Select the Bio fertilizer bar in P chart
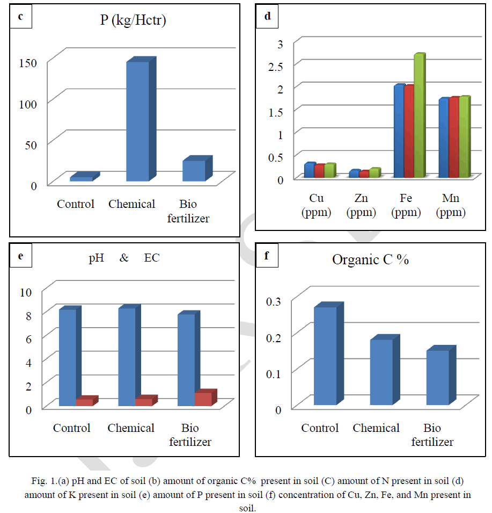[x=193, y=170]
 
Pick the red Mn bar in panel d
[x=454, y=137]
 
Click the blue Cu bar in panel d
[x=309, y=170]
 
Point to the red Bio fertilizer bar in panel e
[x=203, y=399]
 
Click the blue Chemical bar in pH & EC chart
[x=127, y=357]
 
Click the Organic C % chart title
[x=370, y=259]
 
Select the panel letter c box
[x=21, y=16]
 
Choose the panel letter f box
[x=267, y=255]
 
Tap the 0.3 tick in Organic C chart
[x=274, y=301]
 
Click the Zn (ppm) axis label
[x=362, y=205]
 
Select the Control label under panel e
[x=71, y=428]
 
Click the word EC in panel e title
[x=152, y=258]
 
